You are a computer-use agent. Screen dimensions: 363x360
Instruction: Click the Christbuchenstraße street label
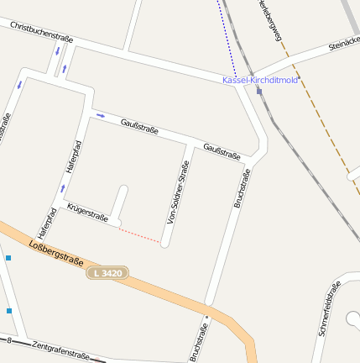pos(42,33)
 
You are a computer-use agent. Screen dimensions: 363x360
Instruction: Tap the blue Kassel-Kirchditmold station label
pos(260,80)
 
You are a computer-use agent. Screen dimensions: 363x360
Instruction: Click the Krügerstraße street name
pos(87,213)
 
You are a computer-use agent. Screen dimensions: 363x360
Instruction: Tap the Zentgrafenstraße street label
pos(60,350)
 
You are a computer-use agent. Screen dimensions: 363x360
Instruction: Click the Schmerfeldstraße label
pos(329,309)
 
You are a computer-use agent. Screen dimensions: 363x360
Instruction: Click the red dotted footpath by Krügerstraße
pos(140,235)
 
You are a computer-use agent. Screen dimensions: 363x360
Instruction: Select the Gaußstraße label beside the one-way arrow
pos(139,126)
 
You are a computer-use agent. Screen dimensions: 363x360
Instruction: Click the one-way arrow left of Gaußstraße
pos(101,115)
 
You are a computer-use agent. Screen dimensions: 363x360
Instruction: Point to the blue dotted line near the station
pos(227,38)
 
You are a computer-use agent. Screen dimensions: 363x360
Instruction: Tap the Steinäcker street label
pos(344,42)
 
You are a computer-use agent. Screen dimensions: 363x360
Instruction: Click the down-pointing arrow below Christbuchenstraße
pos(57,51)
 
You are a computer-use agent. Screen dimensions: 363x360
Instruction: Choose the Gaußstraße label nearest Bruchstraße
pos(222,150)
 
